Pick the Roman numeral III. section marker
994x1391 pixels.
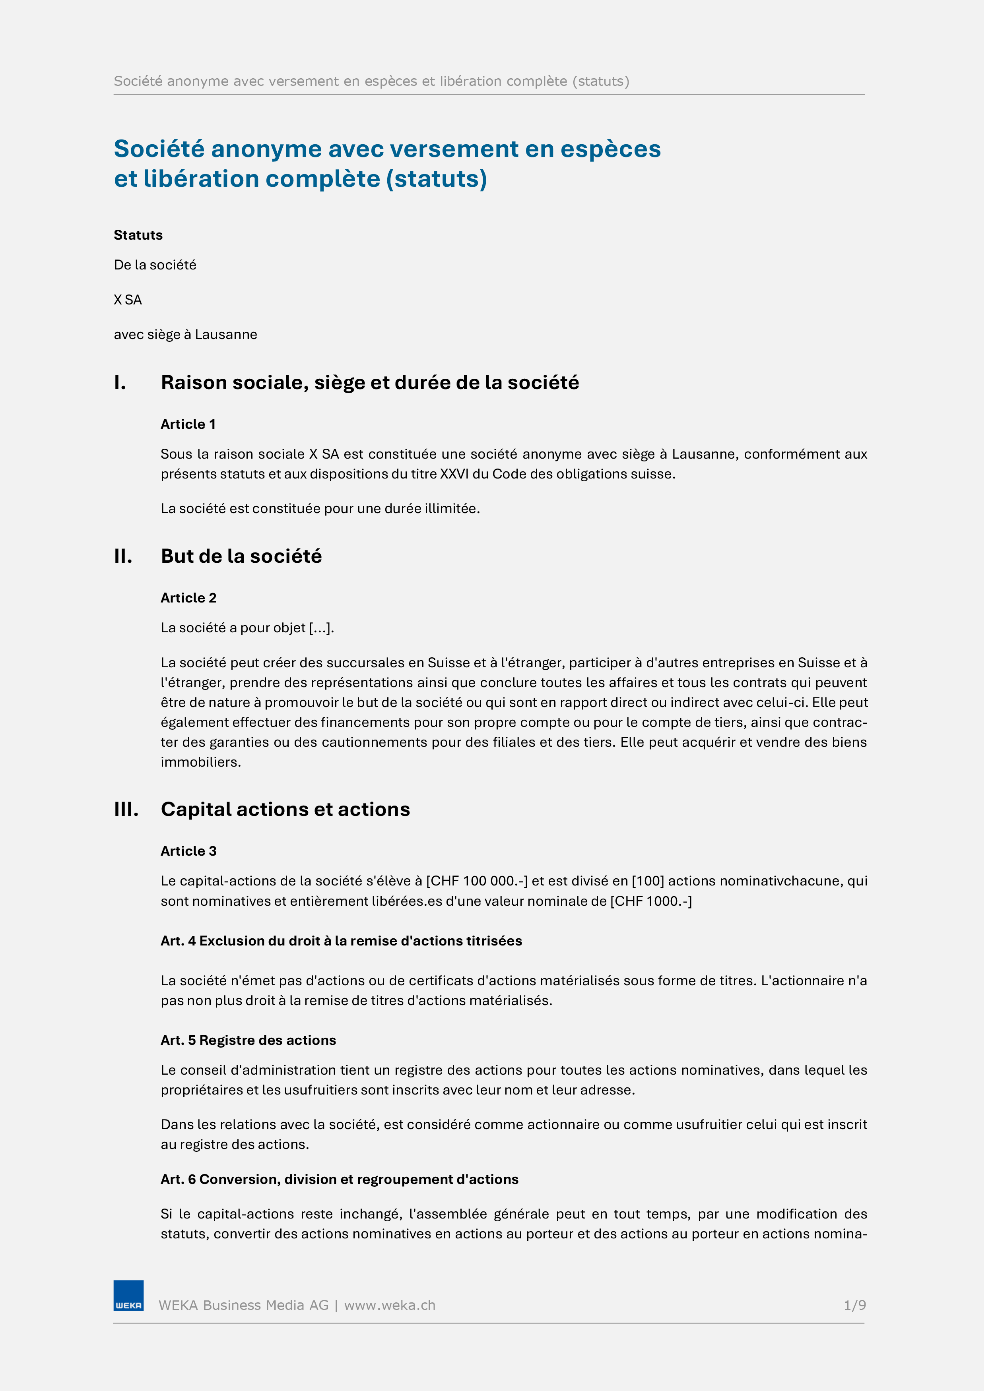[x=127, y=810]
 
